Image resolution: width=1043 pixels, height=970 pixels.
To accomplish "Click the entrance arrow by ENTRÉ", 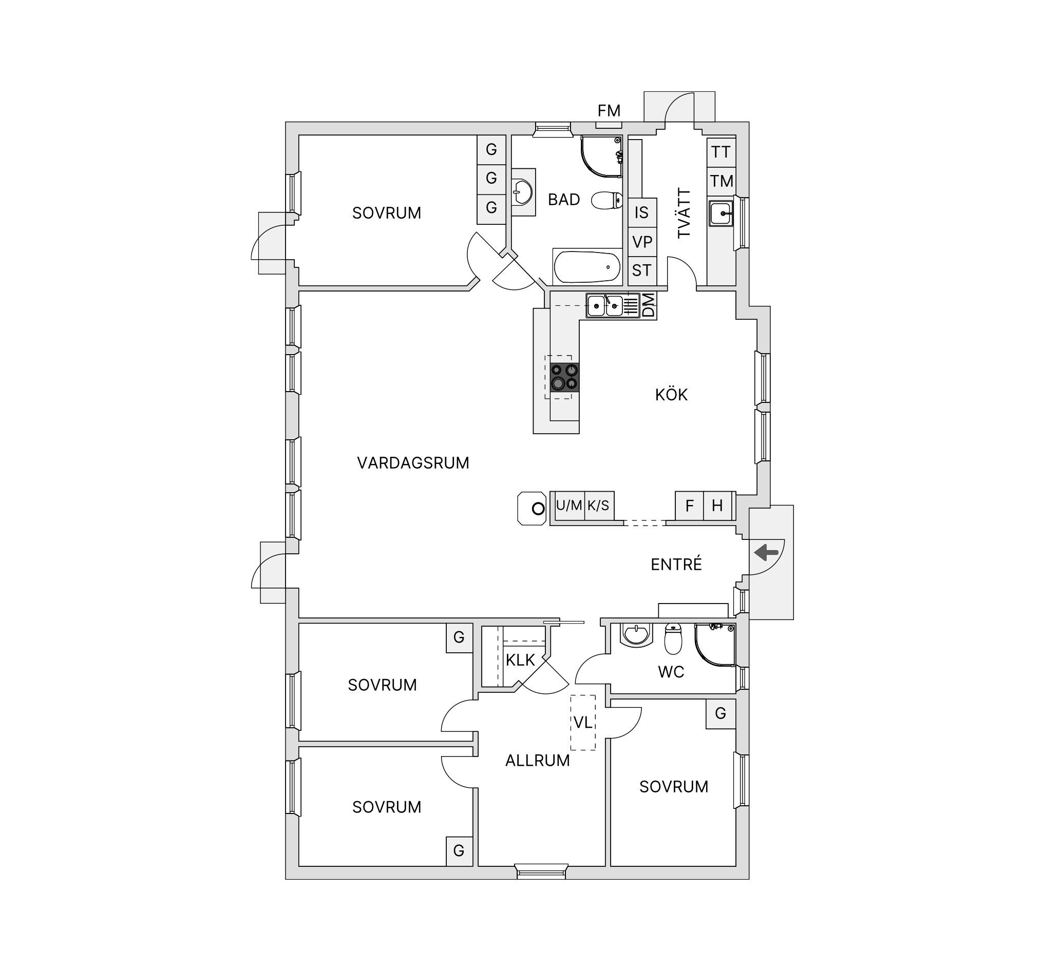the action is point(767,552).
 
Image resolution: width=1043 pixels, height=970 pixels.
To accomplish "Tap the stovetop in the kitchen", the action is point(565,378).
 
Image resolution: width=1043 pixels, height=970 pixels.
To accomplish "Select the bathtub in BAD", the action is point(587,267).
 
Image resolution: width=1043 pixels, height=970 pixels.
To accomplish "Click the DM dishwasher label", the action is point(649,305).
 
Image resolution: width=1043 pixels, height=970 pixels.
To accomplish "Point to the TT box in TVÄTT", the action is point(722,152).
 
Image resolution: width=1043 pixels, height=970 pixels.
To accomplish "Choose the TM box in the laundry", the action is point(722,181).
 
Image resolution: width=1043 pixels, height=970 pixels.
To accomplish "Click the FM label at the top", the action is point(609,111).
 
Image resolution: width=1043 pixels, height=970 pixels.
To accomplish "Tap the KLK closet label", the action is point(520,660).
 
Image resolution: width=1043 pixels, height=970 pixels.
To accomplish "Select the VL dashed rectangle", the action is point(583,723).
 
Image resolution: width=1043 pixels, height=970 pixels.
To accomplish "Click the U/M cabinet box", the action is point(569,506).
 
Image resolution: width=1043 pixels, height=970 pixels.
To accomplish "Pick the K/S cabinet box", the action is point(599,506).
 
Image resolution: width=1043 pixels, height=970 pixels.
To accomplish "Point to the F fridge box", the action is point(689,506).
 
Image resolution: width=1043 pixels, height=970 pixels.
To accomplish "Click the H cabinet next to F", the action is point(718,506).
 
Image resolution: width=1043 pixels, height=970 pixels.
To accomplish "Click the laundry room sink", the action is point(722,213).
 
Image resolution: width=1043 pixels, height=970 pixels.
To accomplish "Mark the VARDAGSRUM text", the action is point(413,463).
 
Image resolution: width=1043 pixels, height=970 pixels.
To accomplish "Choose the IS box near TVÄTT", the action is point(642,212).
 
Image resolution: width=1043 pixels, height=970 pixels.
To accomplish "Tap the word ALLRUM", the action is point(538,761).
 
